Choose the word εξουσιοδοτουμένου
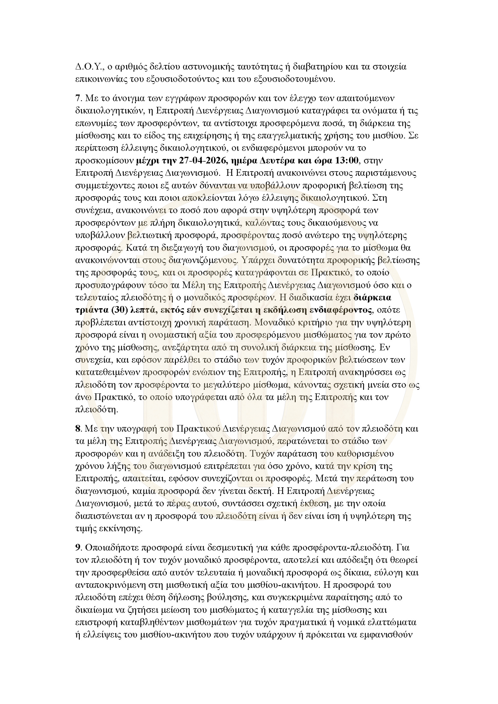pyautogui.click(x=294, y=79)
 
